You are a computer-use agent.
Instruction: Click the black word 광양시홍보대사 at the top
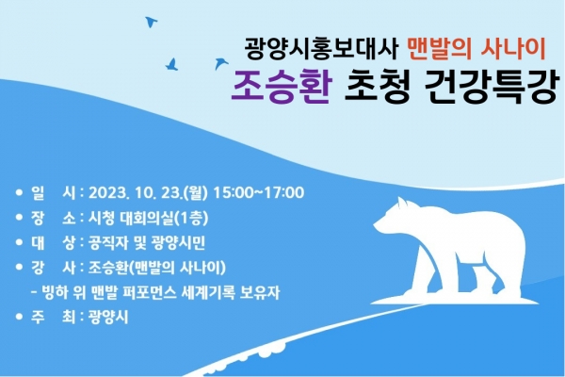321,48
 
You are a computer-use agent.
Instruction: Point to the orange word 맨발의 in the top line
439,48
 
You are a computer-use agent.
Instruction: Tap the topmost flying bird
151,22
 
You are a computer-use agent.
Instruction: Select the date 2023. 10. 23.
136,192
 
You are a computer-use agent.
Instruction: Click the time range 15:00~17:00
259,192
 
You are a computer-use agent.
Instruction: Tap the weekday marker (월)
196,192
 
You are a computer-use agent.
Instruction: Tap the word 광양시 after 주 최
108,318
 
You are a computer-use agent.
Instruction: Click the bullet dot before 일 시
19,192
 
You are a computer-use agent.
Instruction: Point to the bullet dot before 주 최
19,318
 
